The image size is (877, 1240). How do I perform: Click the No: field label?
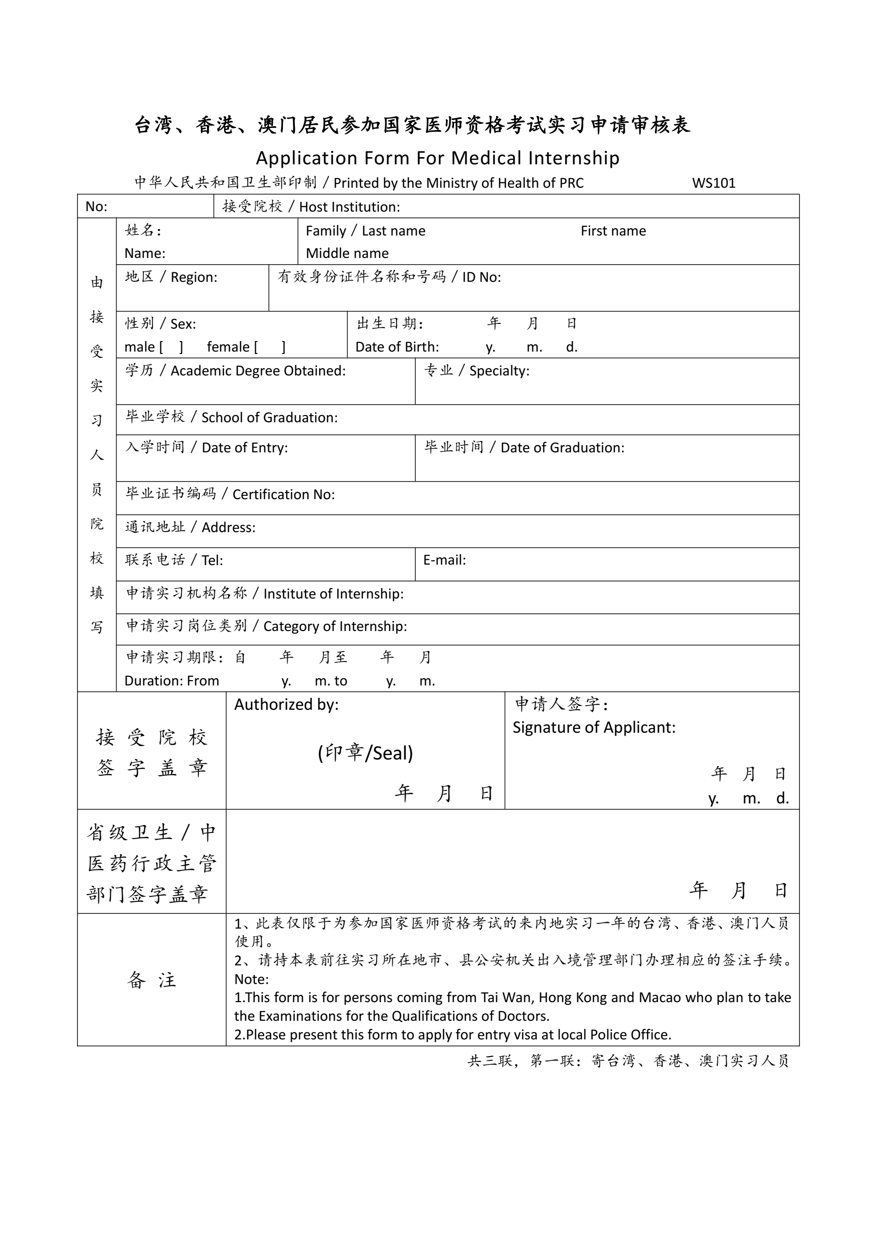(96, 206)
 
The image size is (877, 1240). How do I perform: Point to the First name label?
(613, 231)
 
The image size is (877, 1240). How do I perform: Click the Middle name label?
(347, 253)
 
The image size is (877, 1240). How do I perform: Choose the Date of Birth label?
(397, 347)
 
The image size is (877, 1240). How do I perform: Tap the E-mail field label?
(444, 560)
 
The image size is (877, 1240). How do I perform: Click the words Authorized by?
(286, 704)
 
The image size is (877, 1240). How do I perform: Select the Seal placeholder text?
(365, 753)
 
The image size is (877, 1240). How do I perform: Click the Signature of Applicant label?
(594, 727)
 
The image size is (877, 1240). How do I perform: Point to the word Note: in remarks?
(251, 979)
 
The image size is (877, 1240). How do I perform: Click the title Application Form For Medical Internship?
(438, 158)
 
